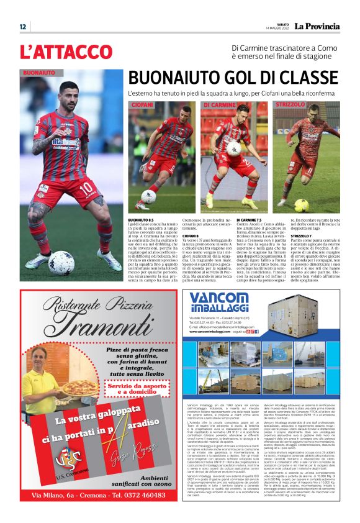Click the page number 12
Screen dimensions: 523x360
tap(22, 27)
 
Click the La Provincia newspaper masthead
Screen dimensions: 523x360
tap(317, 26)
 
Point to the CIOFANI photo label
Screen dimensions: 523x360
tap(143, 105)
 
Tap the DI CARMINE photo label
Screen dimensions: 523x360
tap(220, 105)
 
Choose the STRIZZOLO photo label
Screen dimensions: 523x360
tap(291, 105)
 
